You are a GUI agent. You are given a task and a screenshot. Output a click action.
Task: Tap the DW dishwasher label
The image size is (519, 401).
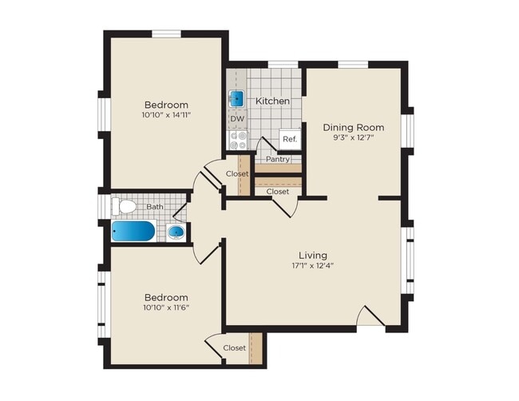point(237,120)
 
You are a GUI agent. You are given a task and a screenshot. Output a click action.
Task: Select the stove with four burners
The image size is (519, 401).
point(238,141)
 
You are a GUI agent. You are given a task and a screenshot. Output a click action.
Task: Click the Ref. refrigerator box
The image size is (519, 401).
point(290,139)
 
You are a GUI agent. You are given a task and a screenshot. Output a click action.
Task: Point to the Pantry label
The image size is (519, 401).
point(278,158)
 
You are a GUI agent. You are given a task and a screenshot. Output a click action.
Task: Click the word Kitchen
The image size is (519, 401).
point(272,101)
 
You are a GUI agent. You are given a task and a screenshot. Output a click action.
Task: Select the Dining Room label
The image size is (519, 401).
point(353,127)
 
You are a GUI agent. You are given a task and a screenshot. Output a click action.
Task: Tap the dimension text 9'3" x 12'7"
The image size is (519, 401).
point(353,138)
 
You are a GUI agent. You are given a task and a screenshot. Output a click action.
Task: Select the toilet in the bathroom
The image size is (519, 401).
point(124,207)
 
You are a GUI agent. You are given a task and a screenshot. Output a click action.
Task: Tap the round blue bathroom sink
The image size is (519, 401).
point(177,233)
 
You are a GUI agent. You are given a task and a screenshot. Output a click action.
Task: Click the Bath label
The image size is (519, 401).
point(154,206)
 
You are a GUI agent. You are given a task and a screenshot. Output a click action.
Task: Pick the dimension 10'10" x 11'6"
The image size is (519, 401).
point(166,308)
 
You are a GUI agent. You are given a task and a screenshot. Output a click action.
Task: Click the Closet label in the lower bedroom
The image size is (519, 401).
point(234,347)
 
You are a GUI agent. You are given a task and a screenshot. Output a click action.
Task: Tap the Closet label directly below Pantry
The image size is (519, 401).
point(278,192)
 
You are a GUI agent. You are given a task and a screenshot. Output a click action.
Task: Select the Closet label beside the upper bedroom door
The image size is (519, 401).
point(237,173)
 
